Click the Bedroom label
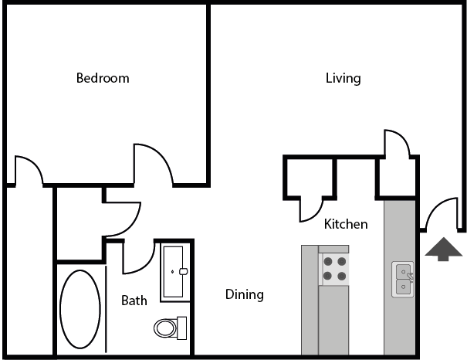pos(102,78)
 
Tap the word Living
pos(343,78)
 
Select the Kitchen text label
pos(345,224)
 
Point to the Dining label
pos(244,294)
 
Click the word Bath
pos(134,301)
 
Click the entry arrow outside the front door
pos(444,250)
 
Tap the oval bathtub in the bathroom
pos(80,309)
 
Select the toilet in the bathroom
pos(169,327)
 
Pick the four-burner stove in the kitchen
pos(334,268)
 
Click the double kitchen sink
pos(404,280)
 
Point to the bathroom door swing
pos(137,256)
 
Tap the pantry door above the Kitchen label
pos(314,204)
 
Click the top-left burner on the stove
pos(327,261)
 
